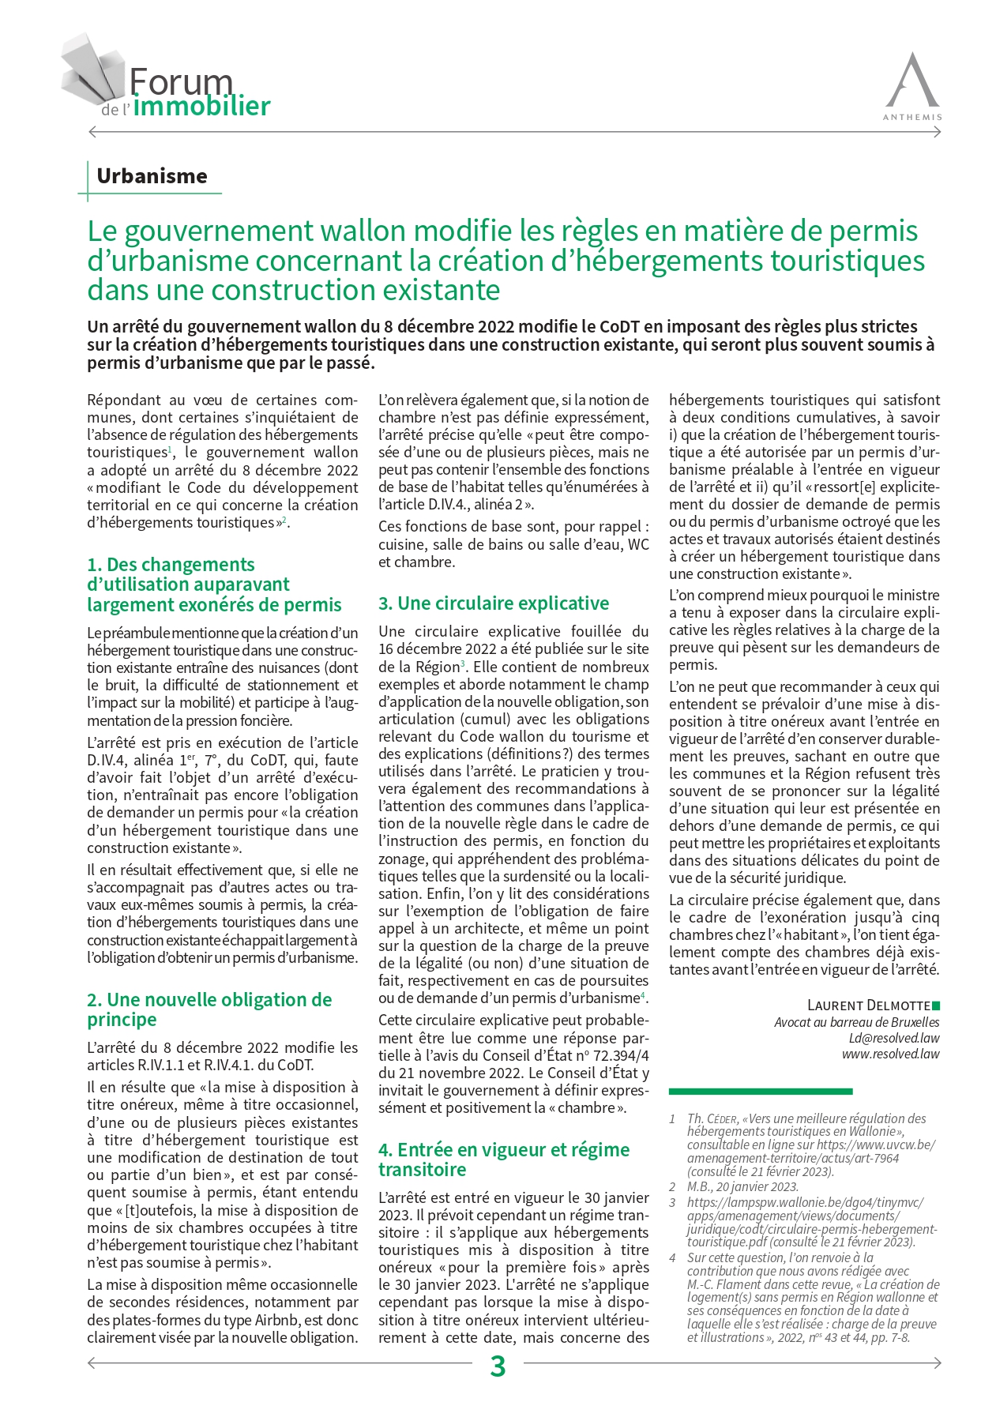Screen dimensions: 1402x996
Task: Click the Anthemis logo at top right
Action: [912, 85]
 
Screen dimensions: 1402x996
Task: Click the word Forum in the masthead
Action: [181, 82]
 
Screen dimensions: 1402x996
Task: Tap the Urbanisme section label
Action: [152, 176]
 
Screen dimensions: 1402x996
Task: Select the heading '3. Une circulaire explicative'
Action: [494, 603]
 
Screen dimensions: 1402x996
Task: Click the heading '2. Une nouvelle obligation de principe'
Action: [209, 1009]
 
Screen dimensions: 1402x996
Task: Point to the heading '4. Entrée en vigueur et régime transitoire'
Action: [503, 1160]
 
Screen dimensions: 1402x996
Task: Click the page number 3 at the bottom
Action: [498, 1366]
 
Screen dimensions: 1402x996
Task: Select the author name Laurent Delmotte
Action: [868, 1005]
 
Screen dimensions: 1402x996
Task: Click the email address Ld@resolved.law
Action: [894, 1038]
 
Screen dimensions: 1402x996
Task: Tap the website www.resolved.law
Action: [890, 1054]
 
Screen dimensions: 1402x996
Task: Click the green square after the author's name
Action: [936, 1005]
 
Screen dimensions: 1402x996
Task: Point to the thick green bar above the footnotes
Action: [760, 1092]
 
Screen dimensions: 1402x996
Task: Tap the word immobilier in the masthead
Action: [201, 107]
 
